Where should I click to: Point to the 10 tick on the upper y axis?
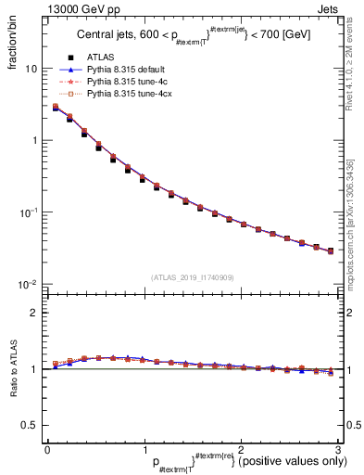tap(31, 69)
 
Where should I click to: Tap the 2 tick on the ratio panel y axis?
tap(34, 313)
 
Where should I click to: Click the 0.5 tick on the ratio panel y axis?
tap(31, 425)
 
